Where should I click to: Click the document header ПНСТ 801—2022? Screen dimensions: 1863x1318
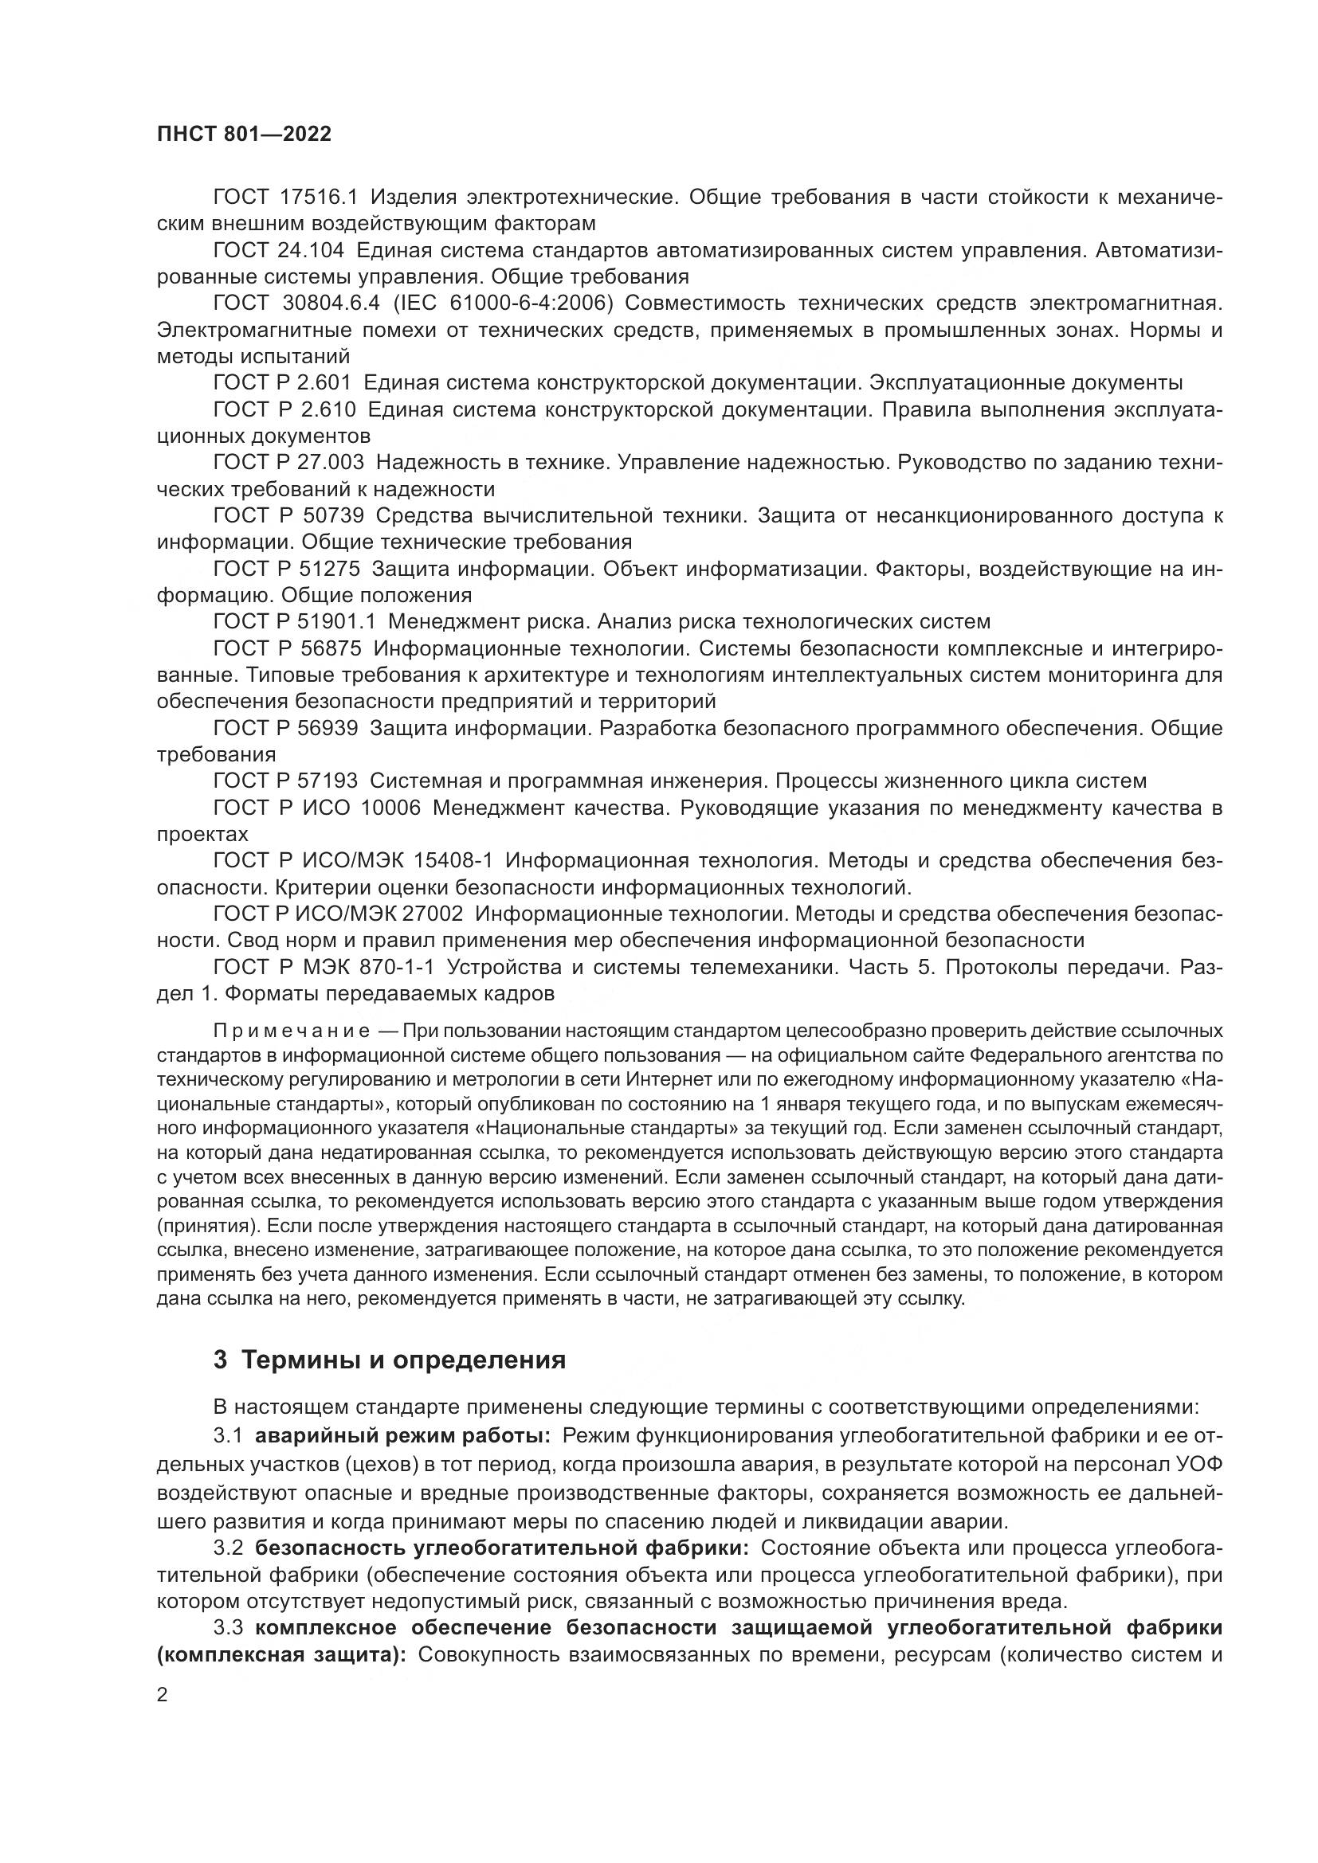(x=245, y=135)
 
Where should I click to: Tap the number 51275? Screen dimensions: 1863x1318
(x=324, y=569)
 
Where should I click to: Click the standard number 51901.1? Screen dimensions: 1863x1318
(x=340, y=621)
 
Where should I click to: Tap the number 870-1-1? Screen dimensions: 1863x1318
(x=395, y=967)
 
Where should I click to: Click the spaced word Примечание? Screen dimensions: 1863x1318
(x=292, y=1031)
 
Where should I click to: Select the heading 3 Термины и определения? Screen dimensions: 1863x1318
(x=389, y=1360)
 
